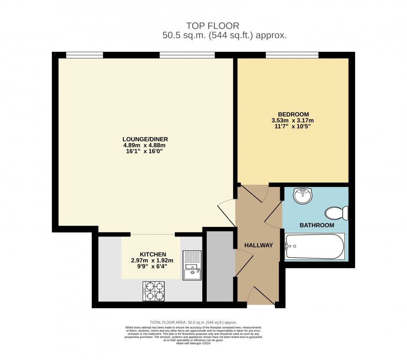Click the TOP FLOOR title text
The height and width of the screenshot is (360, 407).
coord(213,26)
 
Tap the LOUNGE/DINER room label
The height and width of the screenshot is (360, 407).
coord(145,139)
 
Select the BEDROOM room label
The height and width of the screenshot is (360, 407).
coord(292,114)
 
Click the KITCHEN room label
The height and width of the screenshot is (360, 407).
coord(153,254)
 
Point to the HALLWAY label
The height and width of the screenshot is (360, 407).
coord(259,245)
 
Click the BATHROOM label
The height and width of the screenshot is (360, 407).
coord(317,225)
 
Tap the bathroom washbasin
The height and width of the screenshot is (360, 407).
coord(303,196)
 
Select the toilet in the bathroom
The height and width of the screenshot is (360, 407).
coord(337,213)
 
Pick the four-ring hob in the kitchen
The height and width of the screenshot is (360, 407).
coord(154,291)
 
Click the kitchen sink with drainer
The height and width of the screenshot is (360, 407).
coord(192,265)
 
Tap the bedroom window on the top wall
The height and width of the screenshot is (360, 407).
coord(292,55)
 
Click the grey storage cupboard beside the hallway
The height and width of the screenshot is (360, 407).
coord(220,266)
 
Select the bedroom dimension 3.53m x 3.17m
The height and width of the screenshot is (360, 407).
coord(292,120)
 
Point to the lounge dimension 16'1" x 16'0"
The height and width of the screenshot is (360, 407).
coord(145,151)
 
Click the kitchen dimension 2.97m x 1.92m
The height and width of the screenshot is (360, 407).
coord(153,260)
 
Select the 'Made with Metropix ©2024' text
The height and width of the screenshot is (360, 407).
coord(193,343)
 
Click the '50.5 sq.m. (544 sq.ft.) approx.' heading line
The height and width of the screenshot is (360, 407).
coord(224,35)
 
